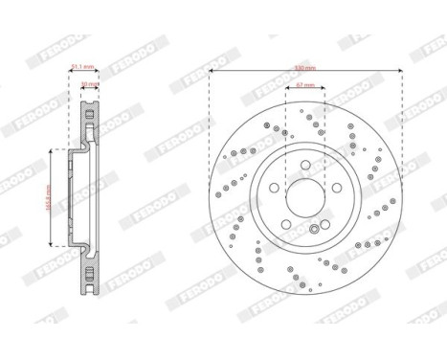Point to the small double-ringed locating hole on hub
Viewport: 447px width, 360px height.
(x=314, y=229)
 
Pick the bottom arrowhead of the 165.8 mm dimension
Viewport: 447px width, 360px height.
(x=53, y=250)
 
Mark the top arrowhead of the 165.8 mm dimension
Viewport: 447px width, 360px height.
(x=53, y=153)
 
